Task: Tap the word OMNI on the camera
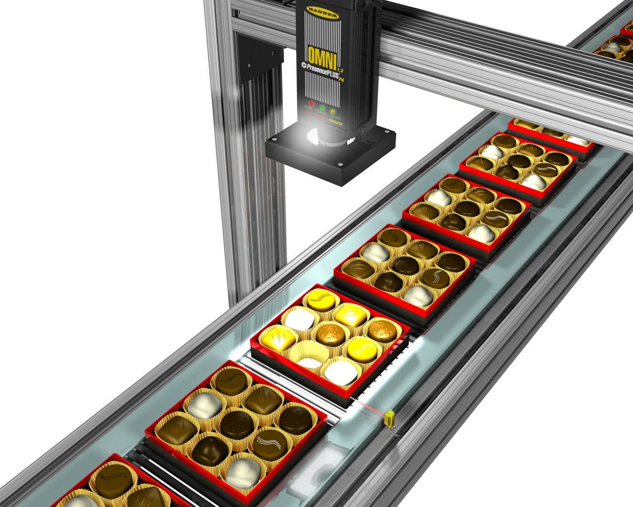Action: (x=321, y=54)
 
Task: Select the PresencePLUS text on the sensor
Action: (x=318, y=71)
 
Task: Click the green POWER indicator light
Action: (x=322, y=107)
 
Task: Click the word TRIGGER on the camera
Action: (x=336, y=123)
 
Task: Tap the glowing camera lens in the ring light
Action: (x=316, y=136)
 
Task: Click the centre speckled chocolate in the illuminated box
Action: (x=330, y=333)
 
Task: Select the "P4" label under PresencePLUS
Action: (x=341, y=80)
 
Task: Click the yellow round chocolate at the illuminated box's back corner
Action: (x=321, y=299)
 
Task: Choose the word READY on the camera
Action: (x=336, y=118)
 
